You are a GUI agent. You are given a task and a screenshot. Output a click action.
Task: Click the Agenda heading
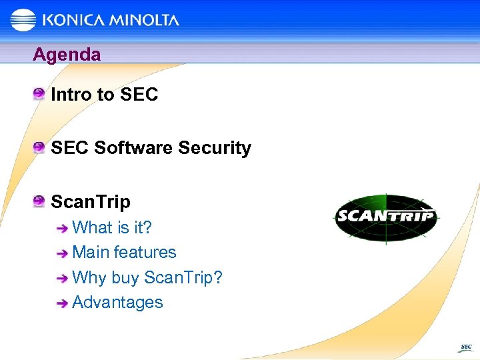(67, 54)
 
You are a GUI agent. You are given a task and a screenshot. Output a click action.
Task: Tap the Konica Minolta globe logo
(23, 19)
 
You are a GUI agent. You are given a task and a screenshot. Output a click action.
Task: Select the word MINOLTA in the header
(145, 20)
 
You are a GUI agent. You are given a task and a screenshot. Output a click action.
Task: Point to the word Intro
(71, 95)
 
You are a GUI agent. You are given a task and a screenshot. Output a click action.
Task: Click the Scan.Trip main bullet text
(91, 201)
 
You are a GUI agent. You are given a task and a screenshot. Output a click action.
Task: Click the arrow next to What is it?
(62, 229)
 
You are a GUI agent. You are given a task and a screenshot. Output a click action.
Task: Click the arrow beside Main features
(62, 253)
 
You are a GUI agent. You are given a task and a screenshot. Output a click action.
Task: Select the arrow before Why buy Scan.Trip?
(62, 279)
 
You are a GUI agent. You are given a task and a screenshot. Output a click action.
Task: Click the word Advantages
(117, 302)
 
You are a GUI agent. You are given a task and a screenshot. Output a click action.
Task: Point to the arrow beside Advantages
(62, 303)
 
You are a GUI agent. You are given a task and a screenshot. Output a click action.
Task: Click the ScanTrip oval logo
(385, 217)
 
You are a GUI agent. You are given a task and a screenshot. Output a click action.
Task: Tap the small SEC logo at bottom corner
(465, 347)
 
